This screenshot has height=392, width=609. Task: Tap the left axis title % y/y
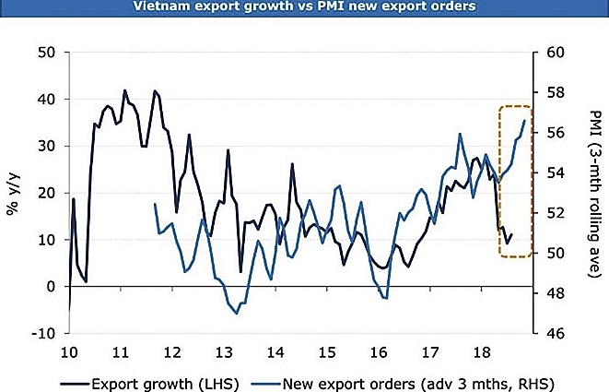tap(13, 193)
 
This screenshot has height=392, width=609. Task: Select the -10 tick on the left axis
tap(42, 334)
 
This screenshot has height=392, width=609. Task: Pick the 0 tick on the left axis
tap(50, 287)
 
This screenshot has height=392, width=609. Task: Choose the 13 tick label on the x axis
tap(224, 354)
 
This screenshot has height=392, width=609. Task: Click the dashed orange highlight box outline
tap(500, 181)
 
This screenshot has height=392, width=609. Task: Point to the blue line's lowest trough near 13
tap(237, 314)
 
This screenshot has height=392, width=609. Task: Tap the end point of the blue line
tap(525, 121)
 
